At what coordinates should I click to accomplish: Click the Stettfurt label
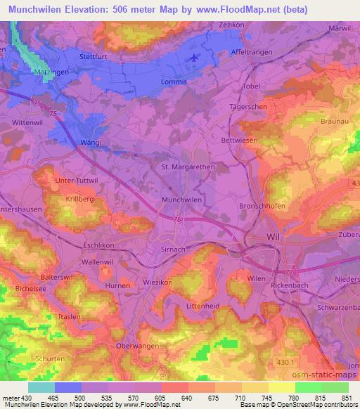[x=96, y=53]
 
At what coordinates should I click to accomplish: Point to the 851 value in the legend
[x=347, y=397]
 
